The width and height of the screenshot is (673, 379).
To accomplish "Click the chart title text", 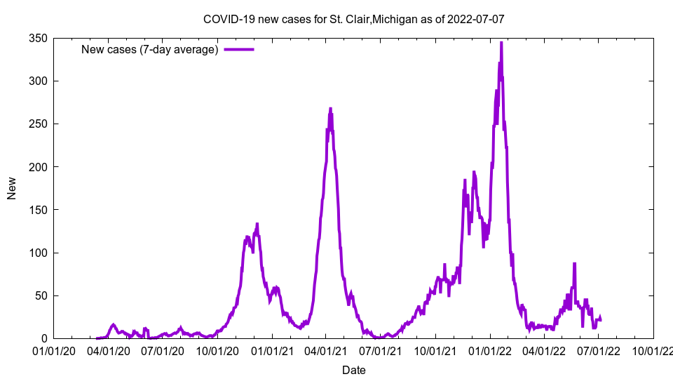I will click(353, 19).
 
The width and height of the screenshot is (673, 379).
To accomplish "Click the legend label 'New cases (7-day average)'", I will click(149, 49).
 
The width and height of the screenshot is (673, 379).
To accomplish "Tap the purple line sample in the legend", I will click(238, 49).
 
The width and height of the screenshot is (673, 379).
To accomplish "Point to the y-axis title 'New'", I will click(12, 188).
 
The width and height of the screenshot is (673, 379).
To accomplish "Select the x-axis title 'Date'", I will click(353, 370).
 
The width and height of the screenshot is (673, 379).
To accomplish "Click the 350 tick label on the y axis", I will click(37, 39).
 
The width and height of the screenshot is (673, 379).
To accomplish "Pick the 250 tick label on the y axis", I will click(37, 124).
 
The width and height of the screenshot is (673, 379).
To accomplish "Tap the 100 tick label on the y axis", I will click(37, 253).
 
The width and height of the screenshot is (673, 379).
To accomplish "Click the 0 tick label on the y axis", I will click(43, 338).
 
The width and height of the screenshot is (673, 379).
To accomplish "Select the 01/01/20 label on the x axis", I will click(53, 350).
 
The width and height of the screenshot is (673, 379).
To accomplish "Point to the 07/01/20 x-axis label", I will click(163, 350).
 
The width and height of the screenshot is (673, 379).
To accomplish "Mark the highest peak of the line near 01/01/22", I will click(501, 43).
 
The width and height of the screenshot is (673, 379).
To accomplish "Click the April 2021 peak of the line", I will click(330, 109).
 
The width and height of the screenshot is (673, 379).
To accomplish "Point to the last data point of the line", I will click(601, 319).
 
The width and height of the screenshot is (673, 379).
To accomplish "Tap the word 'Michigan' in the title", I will click(395, 19).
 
